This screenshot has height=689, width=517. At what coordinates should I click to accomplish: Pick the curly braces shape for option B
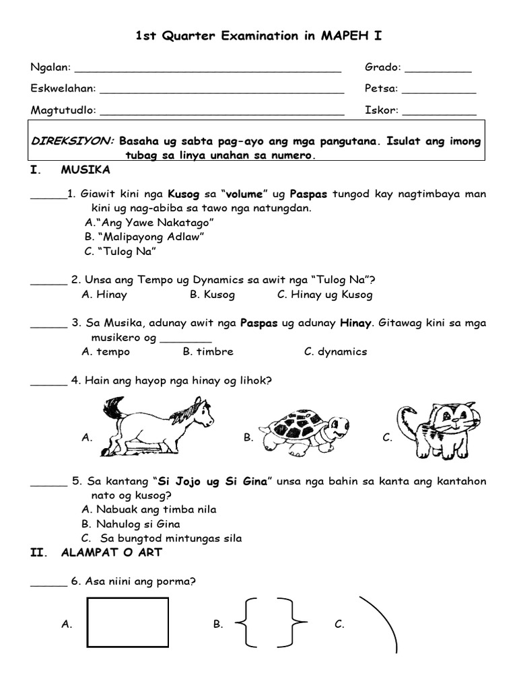pyautogui.click(x=269, y=624)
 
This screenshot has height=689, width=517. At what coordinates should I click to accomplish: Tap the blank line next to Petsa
pyautogui.click(x=439, y=89)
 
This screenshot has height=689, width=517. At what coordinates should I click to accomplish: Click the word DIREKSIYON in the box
pyautogui.click(x=73, y=142)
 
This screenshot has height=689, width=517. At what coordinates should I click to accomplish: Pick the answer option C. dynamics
pyautogui.click(x=335, y=352)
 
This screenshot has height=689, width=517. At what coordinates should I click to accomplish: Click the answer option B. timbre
pyautogui.click(x=208, y=352)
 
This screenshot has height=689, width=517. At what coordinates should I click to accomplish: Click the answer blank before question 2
pyautogui.click(x=49, y=282)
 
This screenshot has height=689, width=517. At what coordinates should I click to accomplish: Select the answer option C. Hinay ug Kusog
pyautogui.click(x=324, y=295)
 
